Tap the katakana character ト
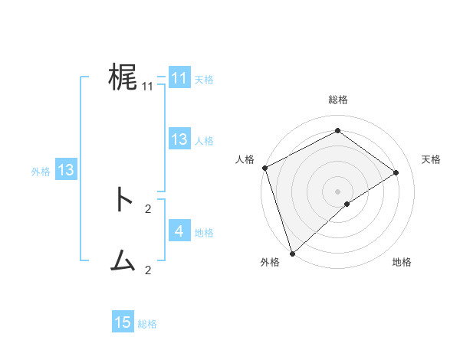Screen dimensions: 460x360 [123, 200]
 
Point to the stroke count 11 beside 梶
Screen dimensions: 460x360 [148, 87]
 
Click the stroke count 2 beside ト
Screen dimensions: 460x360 [148, 208]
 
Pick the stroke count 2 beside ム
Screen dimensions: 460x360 [148, 270]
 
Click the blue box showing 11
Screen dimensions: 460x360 [179, 78]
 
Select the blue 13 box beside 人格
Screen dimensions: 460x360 [179, 139]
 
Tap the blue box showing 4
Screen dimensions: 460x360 [179, 231]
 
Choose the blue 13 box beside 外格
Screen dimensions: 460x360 [65, 170]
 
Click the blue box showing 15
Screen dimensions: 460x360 [123, 322]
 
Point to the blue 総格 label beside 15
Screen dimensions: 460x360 [147, 324]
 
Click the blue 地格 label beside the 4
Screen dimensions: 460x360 [204, 232]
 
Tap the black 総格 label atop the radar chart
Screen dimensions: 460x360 [338, 100]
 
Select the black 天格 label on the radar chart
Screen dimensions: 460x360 [432, 159]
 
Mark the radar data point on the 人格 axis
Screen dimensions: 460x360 [264, 168]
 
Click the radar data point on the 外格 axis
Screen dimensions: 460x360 [292, 253]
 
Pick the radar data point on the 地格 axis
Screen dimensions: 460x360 [347, 204]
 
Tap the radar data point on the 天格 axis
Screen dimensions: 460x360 [396, 172]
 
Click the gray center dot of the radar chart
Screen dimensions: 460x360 [338, 191]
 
